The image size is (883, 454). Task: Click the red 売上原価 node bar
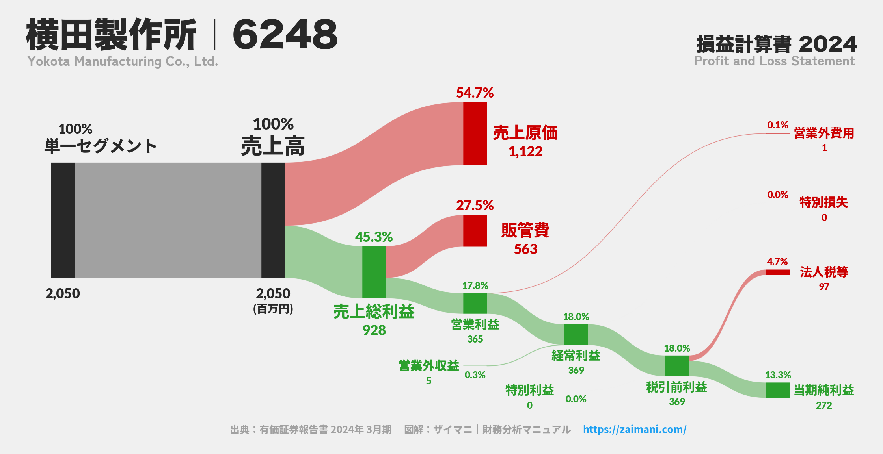[475, 133]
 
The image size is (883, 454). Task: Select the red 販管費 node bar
[475, 231]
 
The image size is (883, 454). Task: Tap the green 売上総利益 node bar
[374, 272]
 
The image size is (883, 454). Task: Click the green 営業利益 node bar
[475, 304]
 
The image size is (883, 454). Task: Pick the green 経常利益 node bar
[576, 335]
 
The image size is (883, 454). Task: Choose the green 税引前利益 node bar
[677, 366]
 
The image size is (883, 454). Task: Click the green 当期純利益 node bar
[778, 390]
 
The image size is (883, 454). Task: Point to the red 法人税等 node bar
[778, 272]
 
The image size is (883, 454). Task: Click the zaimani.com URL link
[635, 429]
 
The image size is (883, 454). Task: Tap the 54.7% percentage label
[475, 93]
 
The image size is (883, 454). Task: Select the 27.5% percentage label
[475, 206]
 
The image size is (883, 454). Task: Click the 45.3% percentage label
[374, 237]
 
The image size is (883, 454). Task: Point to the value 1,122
[525, 152]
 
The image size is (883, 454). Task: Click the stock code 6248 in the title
[285, 35]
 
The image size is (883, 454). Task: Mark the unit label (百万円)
[273, 309]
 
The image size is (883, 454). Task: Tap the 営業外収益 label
[429, 366]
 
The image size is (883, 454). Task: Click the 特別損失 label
[824, 202]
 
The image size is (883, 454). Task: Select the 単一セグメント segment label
[101, 146]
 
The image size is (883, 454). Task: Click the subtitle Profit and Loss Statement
[774, 61]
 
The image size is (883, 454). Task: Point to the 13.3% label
[778, 375]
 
